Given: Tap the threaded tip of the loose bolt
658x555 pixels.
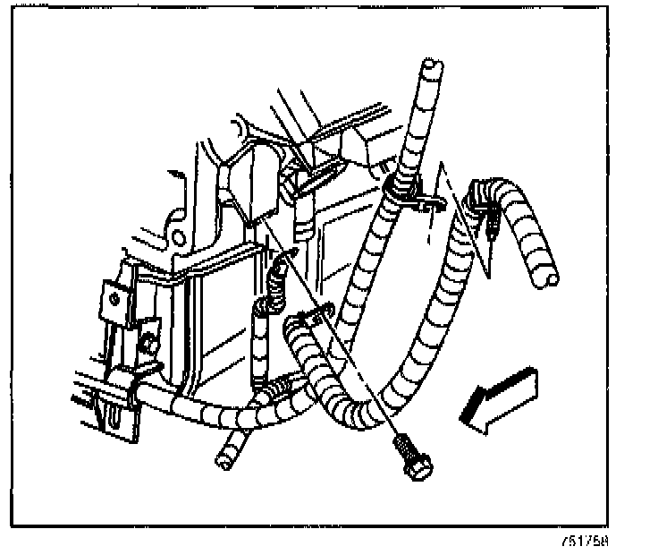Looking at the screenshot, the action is [x=401, y=440].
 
